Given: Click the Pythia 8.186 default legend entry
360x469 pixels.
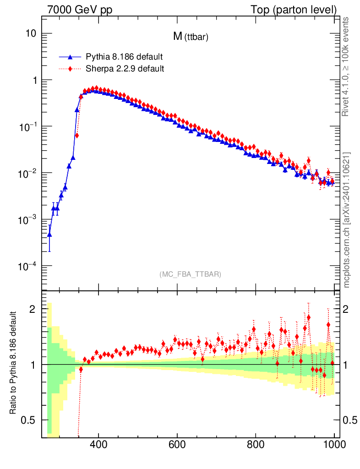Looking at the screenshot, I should tap(124, 57).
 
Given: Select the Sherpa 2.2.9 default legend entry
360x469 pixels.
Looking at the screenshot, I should tap(125, 69).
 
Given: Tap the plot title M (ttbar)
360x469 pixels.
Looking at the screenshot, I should tap(191, 38).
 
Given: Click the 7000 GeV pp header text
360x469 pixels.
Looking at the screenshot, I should tap(82, 9).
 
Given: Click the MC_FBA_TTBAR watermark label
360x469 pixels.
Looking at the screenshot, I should tap(191, 274).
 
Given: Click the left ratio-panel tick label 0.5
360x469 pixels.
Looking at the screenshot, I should tap(31, 420).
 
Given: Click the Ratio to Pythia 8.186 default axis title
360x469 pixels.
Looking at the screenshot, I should tap(14, 364).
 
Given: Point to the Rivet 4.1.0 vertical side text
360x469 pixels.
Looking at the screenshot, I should tap(346, 66).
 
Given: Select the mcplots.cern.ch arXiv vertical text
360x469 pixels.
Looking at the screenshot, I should tap(346, 220).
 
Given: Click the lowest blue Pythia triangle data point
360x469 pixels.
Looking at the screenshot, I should tap(49, 234).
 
